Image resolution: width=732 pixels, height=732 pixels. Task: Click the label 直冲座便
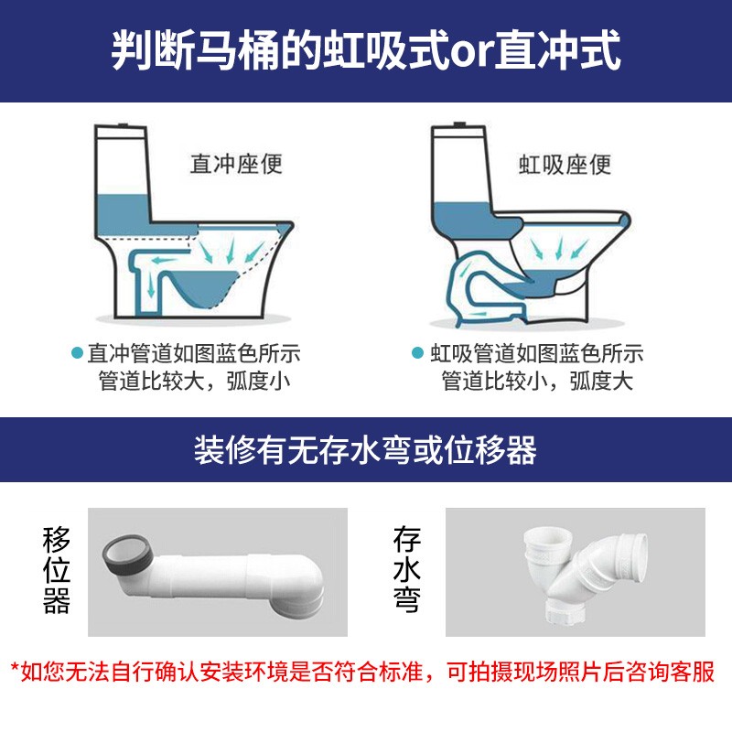[x=236, y=164]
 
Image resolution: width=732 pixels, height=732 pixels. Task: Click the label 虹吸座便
[x=565, y=165]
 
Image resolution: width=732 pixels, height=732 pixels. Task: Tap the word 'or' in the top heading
[x=470, y=51]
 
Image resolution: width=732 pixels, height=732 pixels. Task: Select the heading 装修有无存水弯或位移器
[x=365, y=449]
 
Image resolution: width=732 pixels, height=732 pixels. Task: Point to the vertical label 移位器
[x=56, y=569]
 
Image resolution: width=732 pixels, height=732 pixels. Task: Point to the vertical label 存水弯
[x=406, y=569]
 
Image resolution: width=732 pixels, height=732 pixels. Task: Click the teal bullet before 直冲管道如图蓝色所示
[x=77, y=352]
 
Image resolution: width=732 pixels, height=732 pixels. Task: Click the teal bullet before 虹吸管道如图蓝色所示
[x=417, y=352]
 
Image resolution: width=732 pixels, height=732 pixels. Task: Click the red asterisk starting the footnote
[x=15, y=667]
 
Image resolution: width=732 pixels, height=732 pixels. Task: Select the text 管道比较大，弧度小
[x=194, y=381]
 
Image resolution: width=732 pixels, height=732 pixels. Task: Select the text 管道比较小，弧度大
[x=537, y=381]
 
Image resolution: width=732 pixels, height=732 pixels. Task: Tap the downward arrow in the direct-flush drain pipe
[x=151, y=285]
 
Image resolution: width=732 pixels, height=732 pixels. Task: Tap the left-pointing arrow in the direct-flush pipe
[x=166, y=260]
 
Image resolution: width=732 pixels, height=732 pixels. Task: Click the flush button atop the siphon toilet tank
[x=460, y=125]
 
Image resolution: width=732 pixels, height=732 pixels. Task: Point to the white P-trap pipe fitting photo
[x=585, y=576]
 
